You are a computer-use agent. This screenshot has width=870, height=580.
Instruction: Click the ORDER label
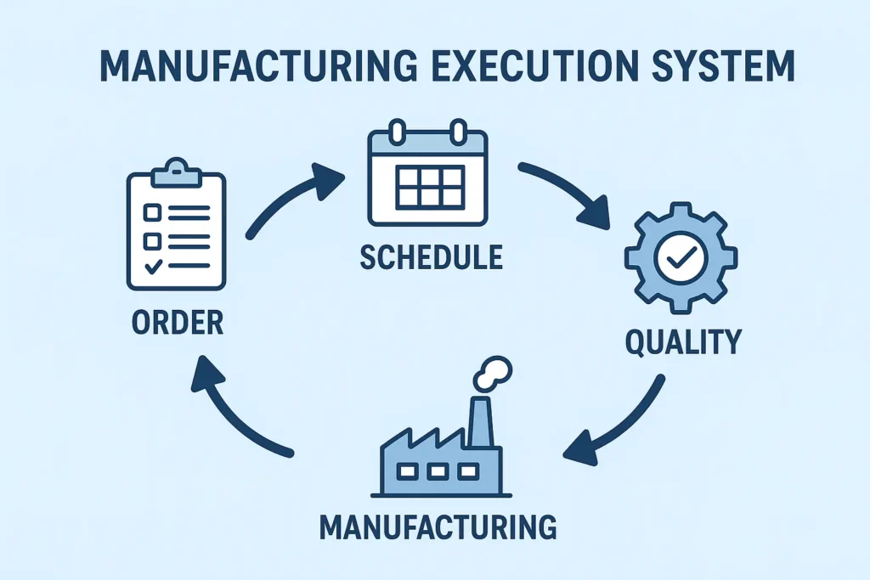[x=178, y=323]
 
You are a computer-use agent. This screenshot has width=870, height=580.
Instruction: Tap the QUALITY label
[x=683, y=341]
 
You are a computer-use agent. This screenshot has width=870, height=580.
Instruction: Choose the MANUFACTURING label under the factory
[x=438, y=527]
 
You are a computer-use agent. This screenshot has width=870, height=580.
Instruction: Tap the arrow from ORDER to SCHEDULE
[x=294, y=197]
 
